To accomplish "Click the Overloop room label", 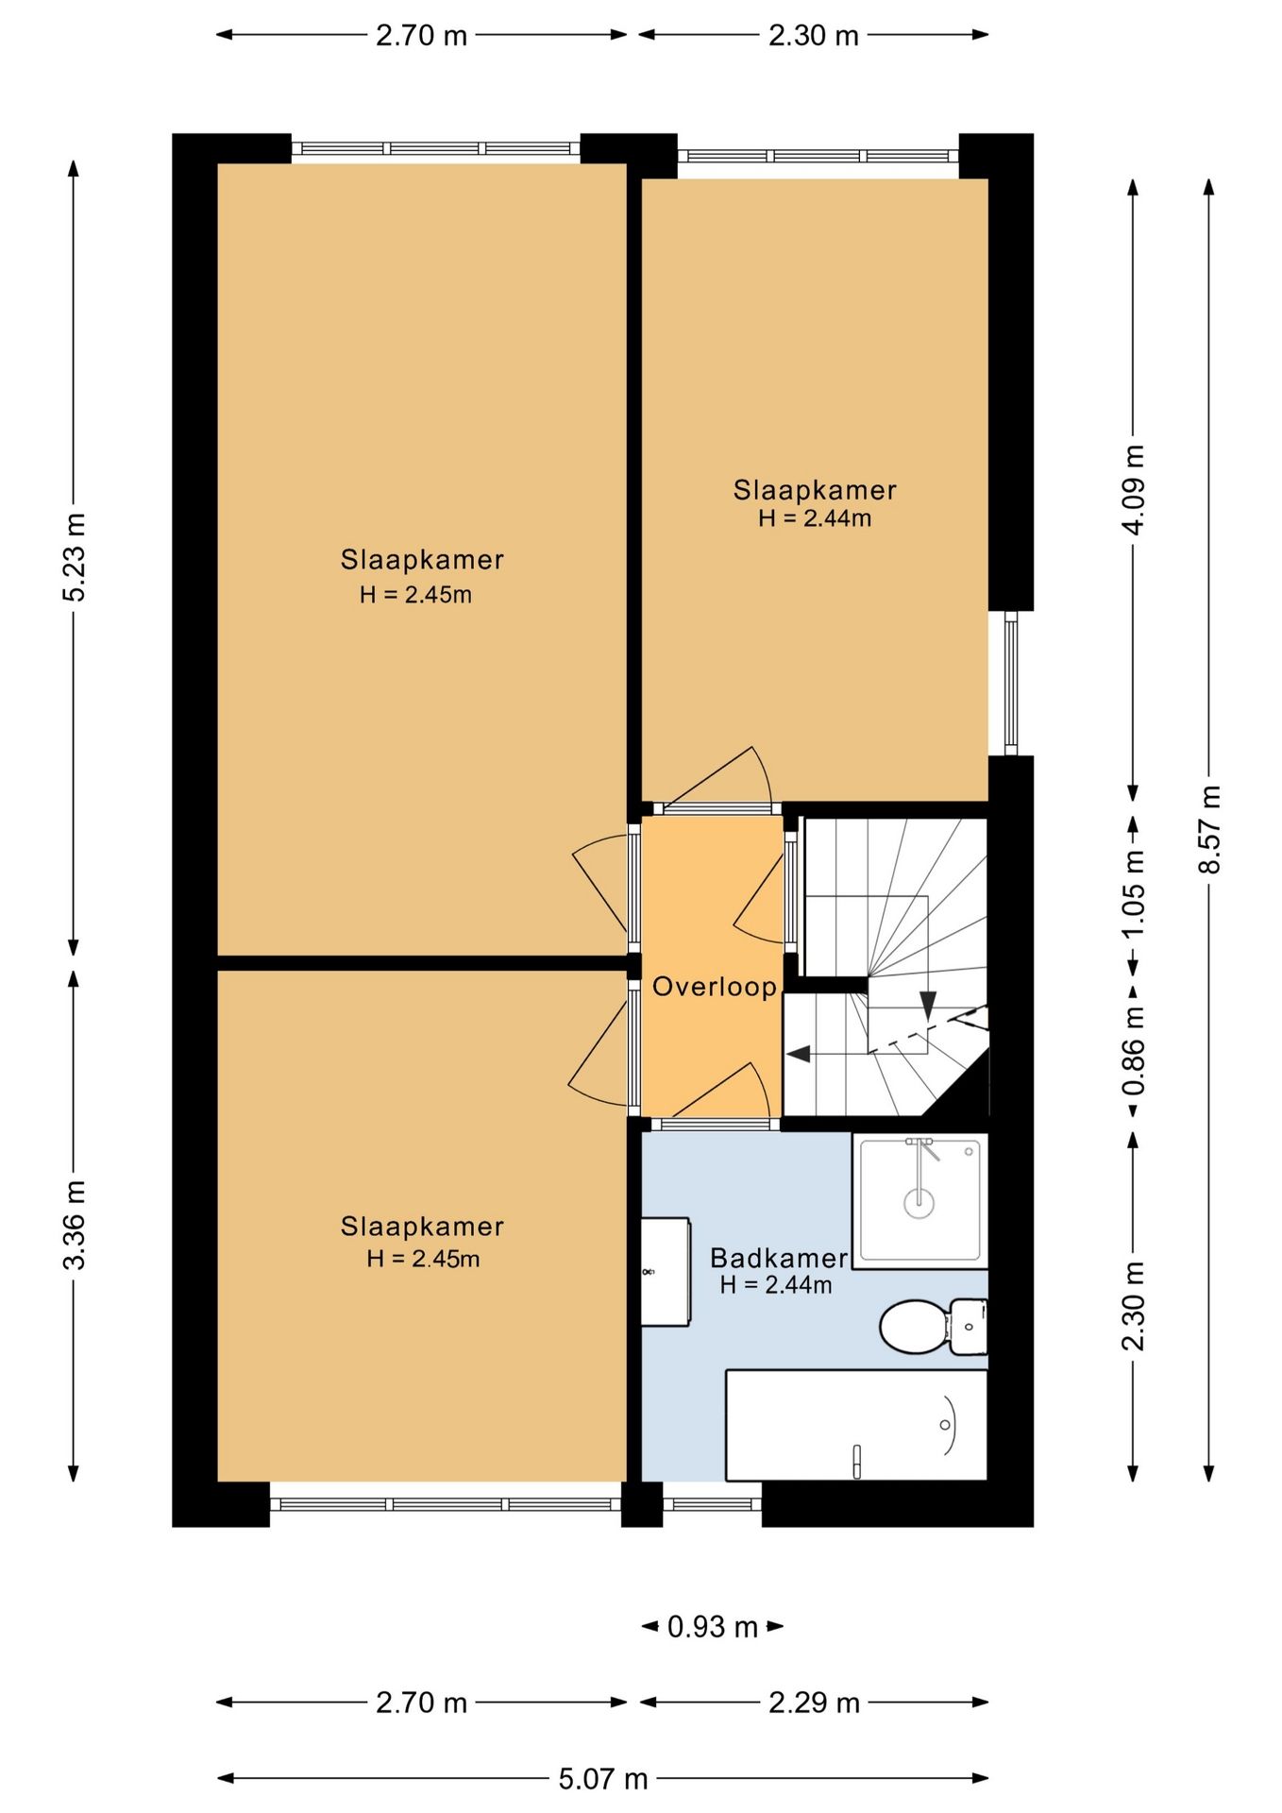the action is pos(715,987).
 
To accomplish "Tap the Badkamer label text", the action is pos(779,1258).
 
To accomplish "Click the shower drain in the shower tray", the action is pos(919,1202).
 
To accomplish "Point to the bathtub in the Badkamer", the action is pos(856,1425).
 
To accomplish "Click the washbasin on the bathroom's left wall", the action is pos(666,1272).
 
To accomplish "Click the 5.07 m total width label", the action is pos(603,1779).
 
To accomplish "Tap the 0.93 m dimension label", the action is pos(713,1626).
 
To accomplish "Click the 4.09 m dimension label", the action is pos(1134,489).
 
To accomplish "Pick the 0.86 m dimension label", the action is pos(1134,1050).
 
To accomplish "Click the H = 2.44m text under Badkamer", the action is pos(776,1285).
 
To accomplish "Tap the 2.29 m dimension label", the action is pos(814,1702).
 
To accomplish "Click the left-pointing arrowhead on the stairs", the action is pos(799,1053).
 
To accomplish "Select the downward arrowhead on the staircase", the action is pos(928,1005).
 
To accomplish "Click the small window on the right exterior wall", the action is pos(1011,683).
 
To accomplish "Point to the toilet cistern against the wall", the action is pos(969,1327).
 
